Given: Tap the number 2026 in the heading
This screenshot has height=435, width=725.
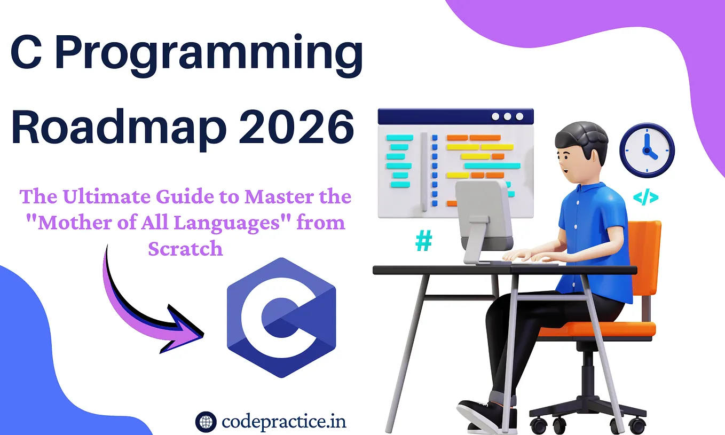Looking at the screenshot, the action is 296,126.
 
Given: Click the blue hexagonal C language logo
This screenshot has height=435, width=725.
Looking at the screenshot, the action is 281,318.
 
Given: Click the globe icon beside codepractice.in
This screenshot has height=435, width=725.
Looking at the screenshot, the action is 206,422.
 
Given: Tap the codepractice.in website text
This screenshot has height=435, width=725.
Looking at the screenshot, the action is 284,422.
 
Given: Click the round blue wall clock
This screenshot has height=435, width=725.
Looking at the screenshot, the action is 647,150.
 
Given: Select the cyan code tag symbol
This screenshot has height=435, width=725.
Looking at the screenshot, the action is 645,198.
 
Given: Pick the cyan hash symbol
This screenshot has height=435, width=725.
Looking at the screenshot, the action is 424,241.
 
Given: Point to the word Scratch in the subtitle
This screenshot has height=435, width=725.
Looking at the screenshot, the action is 185,249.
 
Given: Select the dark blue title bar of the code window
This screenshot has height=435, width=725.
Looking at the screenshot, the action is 456,116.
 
